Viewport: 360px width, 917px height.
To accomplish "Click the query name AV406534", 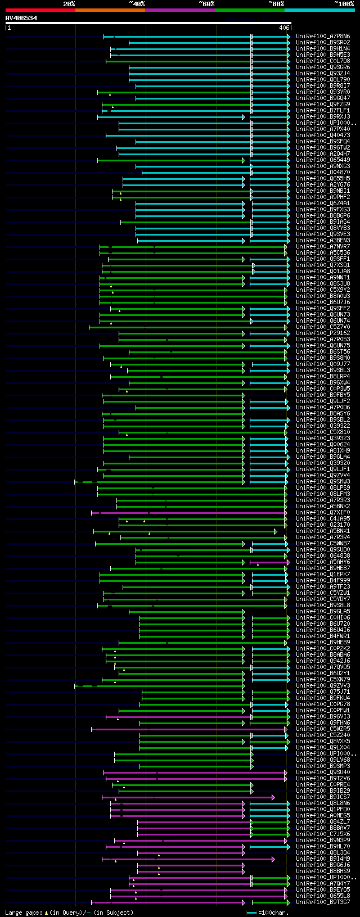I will tap(21, 18).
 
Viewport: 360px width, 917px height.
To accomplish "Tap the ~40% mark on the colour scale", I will tap(137, 4).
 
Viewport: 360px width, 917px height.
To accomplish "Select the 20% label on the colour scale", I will tap(69, 4).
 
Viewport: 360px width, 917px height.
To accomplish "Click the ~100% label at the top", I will tap(344, 4).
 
